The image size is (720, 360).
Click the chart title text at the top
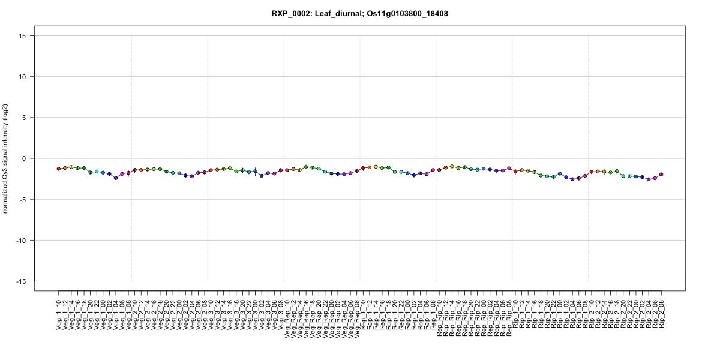(360, 13)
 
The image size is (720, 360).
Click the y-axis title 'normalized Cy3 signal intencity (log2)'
(6, 158)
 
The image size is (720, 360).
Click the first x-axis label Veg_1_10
(59, 312)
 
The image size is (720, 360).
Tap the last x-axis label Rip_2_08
(662, 312)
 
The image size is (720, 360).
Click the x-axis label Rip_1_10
(515, 312)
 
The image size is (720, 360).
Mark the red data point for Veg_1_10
(59, 169)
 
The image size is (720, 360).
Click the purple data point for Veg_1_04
(116, 178)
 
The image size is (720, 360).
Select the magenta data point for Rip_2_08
(661, 175)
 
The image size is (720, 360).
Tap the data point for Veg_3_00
(255, 172)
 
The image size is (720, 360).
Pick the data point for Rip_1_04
(572, 179)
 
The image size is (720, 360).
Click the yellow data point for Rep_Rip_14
(452, 166)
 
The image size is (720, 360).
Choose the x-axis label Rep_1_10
(363, 312)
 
